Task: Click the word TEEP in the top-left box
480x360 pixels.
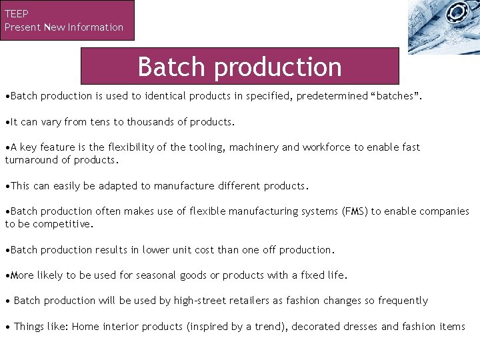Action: tap(16, 13)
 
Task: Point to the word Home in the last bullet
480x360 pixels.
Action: tap(85, 327)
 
